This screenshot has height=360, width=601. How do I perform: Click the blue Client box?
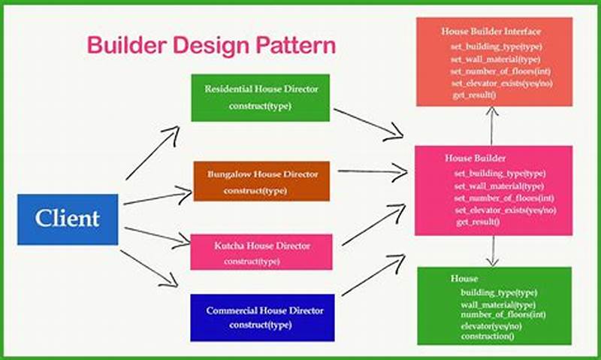pyautogui.click(x=68, y=219)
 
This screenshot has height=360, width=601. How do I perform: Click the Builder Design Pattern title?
pyautogui.click(x=211, y=44)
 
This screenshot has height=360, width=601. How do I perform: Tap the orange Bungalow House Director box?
pyautogui.click(x=261, y=181)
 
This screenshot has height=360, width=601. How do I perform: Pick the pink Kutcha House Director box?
pyautogui.click(x=261, y=252)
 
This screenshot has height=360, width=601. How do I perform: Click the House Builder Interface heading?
pyautogui.click(x=491, y=32)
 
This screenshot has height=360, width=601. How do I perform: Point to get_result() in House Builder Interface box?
pyautogui.click(x=474, y=95)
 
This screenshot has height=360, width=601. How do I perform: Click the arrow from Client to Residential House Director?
pyautogui.click(x=153, y=153)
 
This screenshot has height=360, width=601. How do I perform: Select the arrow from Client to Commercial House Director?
pyautogui.click(x=148, y=268)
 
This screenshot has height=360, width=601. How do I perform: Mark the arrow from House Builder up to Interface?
pyautogui.click(x=492, y=125)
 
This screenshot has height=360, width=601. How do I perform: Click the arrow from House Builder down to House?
pyautogui.click(x=492, y=250)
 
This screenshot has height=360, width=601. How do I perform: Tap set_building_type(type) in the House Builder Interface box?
pyautogui.click(x=497, y=47)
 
